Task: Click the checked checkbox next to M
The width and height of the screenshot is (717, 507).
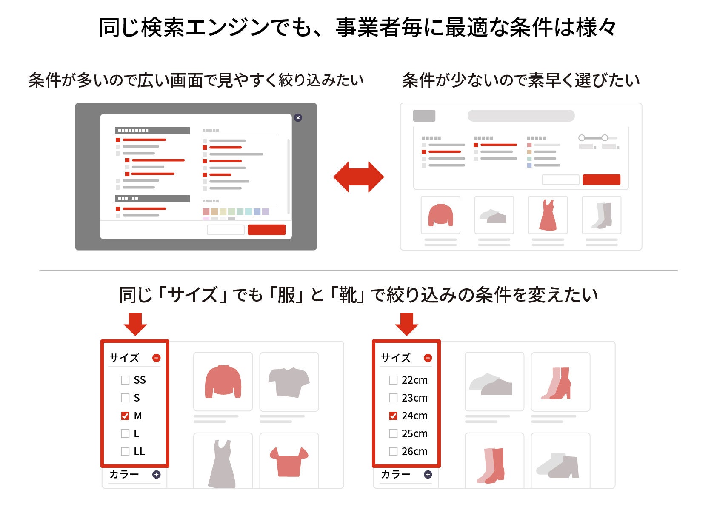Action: point(125,416)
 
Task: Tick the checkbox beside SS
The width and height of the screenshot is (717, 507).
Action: point(125,380)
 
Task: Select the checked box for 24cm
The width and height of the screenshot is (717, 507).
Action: point(393,416)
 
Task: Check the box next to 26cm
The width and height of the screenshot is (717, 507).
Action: point(393,451)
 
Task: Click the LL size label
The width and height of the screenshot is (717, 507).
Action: point(139,451)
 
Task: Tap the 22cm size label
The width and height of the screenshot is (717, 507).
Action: point(414,380)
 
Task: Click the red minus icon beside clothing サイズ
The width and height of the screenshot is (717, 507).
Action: point(156,358)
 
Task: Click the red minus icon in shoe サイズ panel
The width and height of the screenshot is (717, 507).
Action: point(428,358)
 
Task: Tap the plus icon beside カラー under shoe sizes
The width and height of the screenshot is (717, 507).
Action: point(428,474)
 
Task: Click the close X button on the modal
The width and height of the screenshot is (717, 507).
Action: point(298,118)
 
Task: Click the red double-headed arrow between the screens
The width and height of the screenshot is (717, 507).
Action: point(358,177)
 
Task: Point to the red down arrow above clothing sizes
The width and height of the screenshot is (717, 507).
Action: point(135,325)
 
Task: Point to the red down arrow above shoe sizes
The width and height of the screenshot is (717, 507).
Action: point(406,325)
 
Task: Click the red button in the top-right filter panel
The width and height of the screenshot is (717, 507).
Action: point(601,180)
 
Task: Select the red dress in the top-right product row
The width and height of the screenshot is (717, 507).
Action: point(548,215)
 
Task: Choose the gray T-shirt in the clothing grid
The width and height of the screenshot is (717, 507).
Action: point(289,382)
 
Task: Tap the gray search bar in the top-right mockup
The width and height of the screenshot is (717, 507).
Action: point(521,116)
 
